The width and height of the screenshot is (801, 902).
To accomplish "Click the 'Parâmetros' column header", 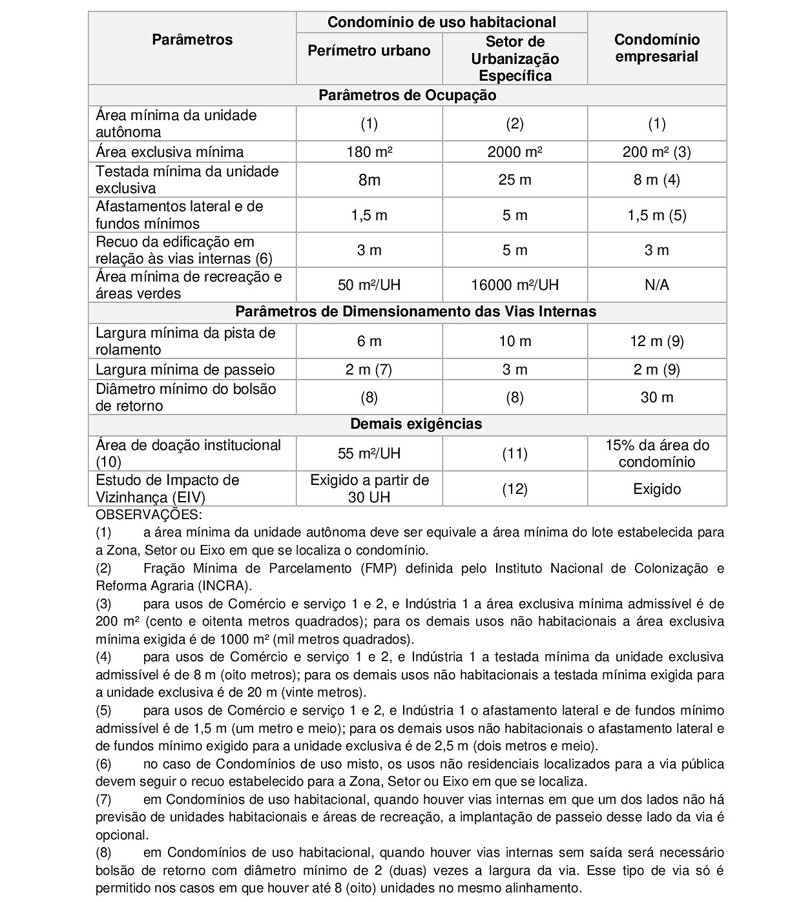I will (192, 39).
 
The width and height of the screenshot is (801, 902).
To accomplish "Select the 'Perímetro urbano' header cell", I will (369, 51).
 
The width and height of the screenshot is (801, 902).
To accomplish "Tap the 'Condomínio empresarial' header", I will (656, 48).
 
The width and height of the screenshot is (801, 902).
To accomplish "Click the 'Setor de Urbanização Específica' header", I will (514, 59).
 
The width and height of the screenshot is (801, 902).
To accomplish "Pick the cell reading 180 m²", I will (369, 152).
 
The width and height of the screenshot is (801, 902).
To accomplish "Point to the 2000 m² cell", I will (514, 152).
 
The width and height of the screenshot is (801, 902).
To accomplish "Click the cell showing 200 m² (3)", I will (656, 152).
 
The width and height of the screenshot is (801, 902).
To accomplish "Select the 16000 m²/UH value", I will (514, 285).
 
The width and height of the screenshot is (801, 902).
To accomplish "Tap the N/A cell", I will (656, 285).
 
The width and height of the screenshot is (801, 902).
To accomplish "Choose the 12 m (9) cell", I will (656, 341).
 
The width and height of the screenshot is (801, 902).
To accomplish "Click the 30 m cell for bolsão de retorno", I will (656, 397).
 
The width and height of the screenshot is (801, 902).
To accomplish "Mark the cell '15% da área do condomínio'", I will (656, 453).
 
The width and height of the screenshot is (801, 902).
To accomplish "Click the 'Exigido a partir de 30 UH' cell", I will (369, 489).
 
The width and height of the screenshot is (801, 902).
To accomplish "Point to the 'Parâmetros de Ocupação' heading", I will (407, 96).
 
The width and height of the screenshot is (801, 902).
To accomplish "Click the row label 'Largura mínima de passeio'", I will (185, 370).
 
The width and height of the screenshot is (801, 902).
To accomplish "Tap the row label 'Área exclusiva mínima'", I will (170, 152).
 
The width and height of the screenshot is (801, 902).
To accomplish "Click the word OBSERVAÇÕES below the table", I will (149, 515).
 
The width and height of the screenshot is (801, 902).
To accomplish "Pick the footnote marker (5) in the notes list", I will (103, 710).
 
